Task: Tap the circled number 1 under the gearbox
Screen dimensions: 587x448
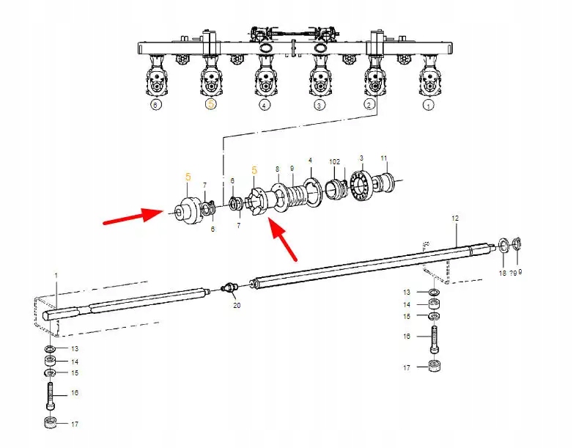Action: tap(428, 105)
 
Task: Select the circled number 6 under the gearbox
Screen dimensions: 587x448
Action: tap(155, 105)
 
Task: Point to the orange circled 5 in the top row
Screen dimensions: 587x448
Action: tap(210, 105)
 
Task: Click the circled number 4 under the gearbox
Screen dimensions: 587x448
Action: tap(264, 105)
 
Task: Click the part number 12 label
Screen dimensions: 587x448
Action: tap(454, 218)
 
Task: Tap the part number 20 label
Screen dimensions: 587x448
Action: tap(236, 305)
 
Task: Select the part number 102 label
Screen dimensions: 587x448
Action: tap(335, 161)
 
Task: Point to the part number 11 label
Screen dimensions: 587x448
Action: tap(384, 158)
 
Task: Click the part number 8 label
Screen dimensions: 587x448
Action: tap(277, 169)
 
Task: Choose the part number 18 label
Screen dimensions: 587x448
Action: tap(502, 273)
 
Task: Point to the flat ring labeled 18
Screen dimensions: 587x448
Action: tap(504, 245)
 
